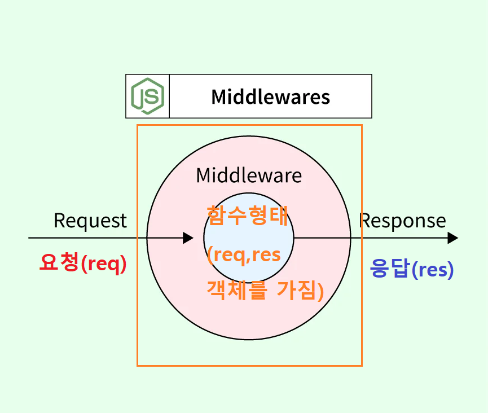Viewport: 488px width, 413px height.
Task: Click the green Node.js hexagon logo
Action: (147, 96)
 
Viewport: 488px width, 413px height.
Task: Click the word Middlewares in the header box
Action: (270, 96)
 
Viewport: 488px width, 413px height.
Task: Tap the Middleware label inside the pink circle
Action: (249, 175)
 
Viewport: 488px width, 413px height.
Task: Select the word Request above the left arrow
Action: (90, 221)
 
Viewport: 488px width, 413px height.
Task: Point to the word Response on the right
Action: (403, 221)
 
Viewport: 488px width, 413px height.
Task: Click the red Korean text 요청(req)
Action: (83, 263)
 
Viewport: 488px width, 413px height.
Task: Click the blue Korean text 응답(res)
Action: (412, 270)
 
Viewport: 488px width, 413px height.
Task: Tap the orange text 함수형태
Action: (248, 215)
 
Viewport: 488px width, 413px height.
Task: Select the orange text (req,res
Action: (244, 255)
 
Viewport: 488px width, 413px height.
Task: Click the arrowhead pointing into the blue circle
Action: (188, 238)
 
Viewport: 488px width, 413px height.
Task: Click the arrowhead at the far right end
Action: (452, 238)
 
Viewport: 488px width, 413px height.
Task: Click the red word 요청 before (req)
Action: (59, 263)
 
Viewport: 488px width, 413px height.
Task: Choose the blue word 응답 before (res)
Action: (389, 269)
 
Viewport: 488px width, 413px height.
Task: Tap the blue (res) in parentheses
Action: (433, 270)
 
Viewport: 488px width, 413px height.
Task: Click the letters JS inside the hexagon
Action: (147, 96)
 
